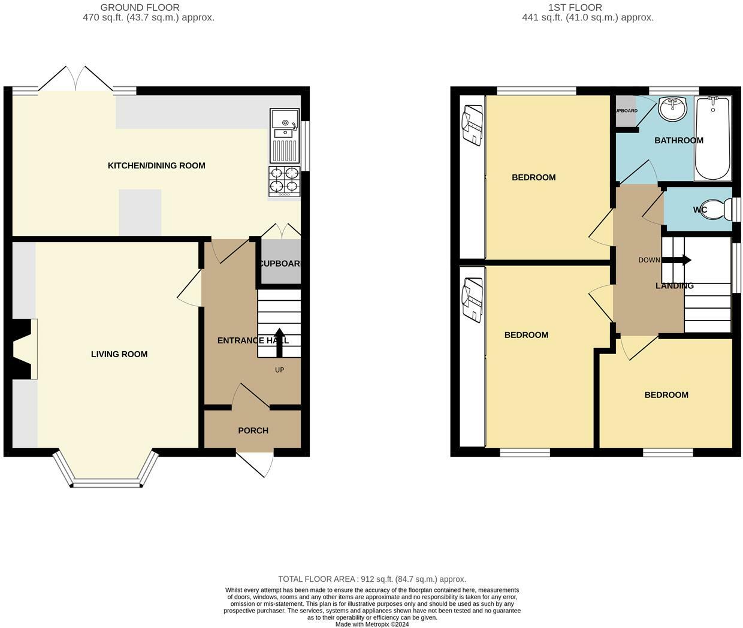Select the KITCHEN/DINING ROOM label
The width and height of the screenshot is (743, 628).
click(x=156, y=165)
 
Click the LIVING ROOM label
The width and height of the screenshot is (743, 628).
click(x=119, y=354)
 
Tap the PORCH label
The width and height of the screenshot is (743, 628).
click(x=253, y=430)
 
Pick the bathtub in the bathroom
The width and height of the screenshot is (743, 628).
click(x=712, y=138)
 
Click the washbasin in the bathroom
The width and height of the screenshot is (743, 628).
click(x=673, y=108)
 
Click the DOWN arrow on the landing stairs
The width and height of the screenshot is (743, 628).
click(x=677, y=260)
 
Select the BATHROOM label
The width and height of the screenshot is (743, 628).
click(x=678, y=141)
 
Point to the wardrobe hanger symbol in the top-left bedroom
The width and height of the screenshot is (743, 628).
click(x=472, y=125)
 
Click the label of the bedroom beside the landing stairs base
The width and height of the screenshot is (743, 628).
click(x=666, y=395)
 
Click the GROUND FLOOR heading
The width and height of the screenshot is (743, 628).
click(x=140, y=8)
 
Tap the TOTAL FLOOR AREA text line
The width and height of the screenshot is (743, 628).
click(x=371, y=579)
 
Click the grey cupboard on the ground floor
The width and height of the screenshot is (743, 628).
click(x=279, y=262)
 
